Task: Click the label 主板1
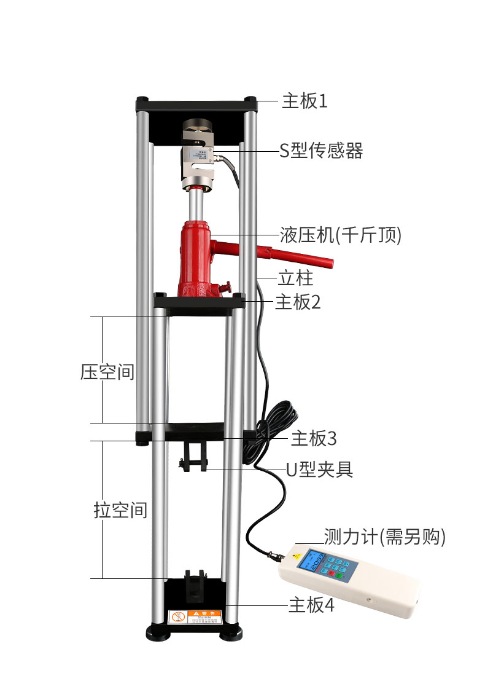305,101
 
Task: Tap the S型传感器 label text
321,151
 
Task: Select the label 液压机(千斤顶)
340,235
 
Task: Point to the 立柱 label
295,278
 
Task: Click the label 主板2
298,302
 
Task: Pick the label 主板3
314,439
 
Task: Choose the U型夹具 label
320,470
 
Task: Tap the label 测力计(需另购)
384,537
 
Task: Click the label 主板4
311,605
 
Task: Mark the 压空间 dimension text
107,372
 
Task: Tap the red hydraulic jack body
197,258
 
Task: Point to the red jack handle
289,254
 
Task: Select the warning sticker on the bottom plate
194,616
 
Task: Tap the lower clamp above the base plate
195,585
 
